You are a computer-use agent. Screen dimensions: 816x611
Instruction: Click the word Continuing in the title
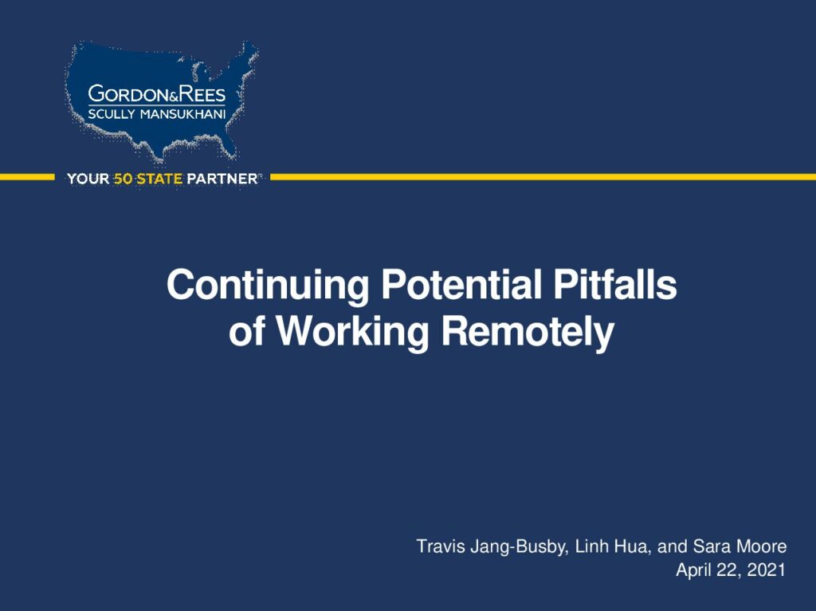pyautogui.click(x=268, y=286)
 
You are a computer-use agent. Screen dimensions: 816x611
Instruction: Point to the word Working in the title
pyautogui.click(x=352, y=332)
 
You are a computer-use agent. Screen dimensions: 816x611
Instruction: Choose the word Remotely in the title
pyautogui.click(x=528, y=332)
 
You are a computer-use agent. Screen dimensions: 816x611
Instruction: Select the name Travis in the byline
pyautogui.click(x=440, y=546)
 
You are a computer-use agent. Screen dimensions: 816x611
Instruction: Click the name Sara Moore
pyautogui.click(x=739, y=546)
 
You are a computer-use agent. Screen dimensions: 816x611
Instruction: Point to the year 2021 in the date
pyautogui.click(x=766, y=570)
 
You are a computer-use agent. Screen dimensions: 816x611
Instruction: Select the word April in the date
pyautogui.click(x=693, y=570)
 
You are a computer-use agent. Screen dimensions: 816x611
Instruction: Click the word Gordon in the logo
pyautogui.click(x=125, y=94)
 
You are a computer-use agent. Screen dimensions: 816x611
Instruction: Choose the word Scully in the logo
pyautogui.click(x=112, y=114)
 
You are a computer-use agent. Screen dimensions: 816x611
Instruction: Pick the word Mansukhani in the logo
pyautogui.click(x=183, y=114)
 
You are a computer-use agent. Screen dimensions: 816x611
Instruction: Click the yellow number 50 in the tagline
pyautogui.click(x=123, y=179)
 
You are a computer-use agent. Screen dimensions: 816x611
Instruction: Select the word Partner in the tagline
pyautogui.click(x=222, y=179)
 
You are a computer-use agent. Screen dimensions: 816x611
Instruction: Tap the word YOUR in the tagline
pyautogui.click(x=88, y=179)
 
